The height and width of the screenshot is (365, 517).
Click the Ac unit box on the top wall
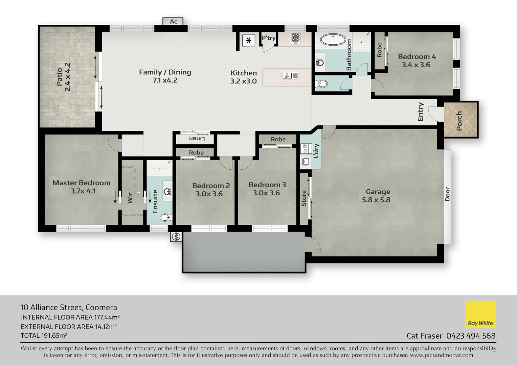(x=173, y=22)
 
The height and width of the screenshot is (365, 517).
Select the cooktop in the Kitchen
(x=295, y=39)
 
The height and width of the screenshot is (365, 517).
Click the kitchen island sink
(x=290, y=76)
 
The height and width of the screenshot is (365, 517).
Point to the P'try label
(x=269, y=38)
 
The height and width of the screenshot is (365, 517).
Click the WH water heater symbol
(x=176, y=237)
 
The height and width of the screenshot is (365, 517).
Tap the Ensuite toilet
(x=166, y=217)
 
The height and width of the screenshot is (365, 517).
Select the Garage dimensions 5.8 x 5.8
(x=376, y=200)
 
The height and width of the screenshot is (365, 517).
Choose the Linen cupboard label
(x=197, y=139)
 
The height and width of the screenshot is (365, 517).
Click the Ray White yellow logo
(x=480, y=314)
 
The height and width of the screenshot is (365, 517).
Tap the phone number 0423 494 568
(x=471, y=336)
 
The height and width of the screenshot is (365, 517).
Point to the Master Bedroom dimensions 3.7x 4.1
(x=83, y=191)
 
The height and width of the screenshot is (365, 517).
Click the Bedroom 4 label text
(x=417, y=57)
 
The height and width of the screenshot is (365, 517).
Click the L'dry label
(x=316, y=151)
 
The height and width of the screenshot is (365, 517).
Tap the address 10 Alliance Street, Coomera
(x=69, y=308)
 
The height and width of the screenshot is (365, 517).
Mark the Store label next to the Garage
(x=304, y=198)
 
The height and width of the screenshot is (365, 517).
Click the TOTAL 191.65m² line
(x=44, y=336)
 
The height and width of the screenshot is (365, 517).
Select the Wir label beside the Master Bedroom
(x=130, y=198)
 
